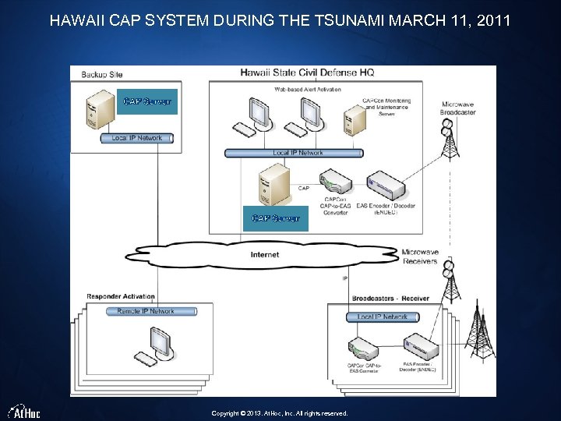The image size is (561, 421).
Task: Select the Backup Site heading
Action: tap(102, 74)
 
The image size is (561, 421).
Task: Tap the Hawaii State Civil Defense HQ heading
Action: tap(307, 73)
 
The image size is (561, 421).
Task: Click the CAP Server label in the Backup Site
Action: tap(147, 101)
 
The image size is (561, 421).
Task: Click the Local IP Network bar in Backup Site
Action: tap(137, 138)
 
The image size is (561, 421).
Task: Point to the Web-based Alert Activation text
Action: tap(307, 90)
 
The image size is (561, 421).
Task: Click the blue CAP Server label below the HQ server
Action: tap(276, 218)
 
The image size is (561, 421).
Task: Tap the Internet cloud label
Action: tap(265, 254)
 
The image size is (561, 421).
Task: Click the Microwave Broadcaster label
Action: tap(458, 108)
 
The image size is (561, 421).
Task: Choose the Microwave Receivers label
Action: tap(420, 256)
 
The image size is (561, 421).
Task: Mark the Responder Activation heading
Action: tap(121, 296)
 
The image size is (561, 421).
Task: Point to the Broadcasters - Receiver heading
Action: tap(390, 298)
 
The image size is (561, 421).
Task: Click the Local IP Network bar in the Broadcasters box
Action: tap(383, 317)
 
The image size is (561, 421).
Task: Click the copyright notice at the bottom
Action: tap(280, 413)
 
